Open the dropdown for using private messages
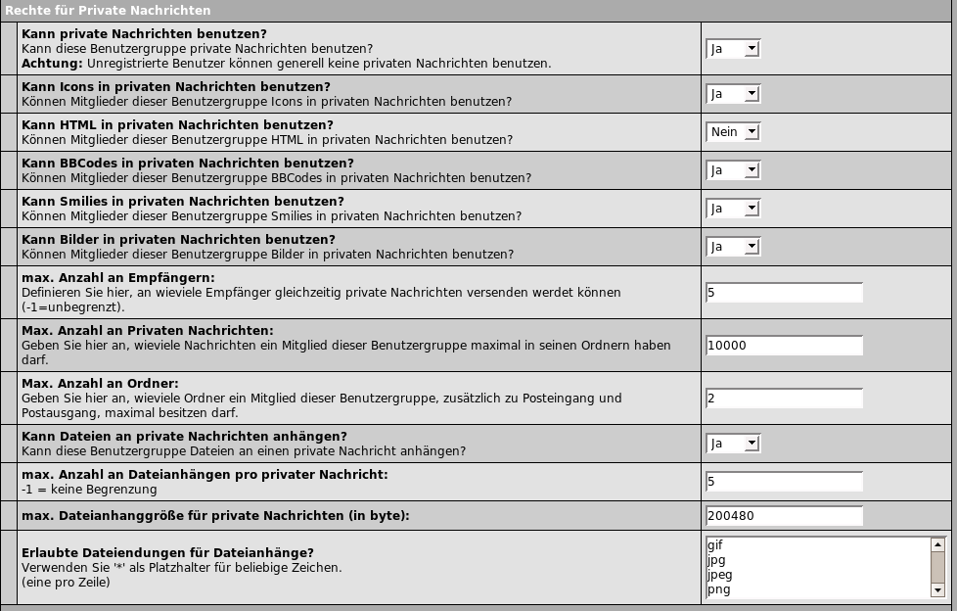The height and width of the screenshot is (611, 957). tap(733, 49)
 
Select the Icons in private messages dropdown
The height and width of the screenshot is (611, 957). tap(733, 94)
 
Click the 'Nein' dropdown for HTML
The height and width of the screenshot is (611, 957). tap(733, 132)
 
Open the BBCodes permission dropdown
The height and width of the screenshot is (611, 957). tap(733, 170)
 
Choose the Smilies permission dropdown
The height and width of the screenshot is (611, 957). tap(733, 209)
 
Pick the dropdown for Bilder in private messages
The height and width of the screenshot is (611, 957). tap(733, 247)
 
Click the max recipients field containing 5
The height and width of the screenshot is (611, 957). tap(784, 293)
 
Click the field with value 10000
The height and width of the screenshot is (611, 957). tap(784, 346)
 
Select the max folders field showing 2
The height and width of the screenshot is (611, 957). tap(784, 399)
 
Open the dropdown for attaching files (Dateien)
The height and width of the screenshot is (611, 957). tap(733, 444)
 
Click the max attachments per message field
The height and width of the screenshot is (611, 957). tap(784, 482)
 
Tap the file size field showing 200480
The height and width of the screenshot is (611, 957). tap(784, 516)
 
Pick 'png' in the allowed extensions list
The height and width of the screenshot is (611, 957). tap(718, 589)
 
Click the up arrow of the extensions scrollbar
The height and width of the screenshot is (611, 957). tap(937, 544)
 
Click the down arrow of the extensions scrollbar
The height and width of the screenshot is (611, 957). tap(937, 590)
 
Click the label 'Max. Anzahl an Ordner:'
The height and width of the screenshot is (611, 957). tap(100, 384)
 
